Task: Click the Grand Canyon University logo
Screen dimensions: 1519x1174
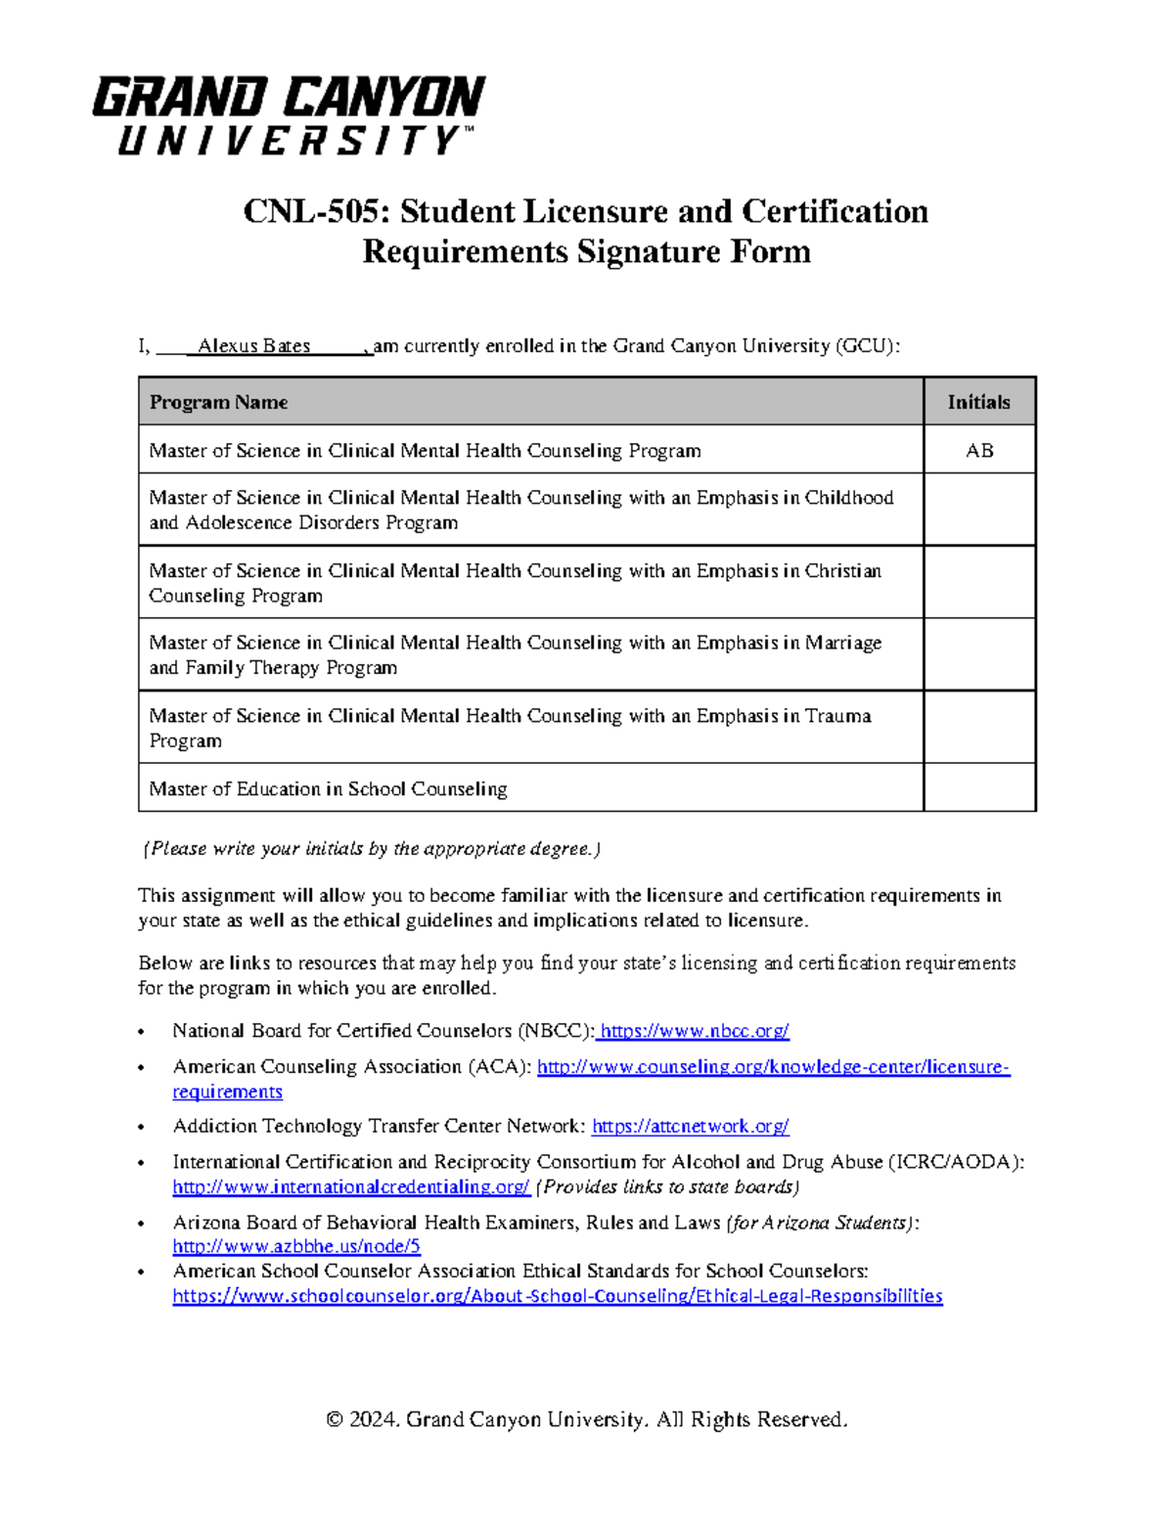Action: pos(289,115)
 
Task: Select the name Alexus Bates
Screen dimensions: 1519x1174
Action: pos(253,346)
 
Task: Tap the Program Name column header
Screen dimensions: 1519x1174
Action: pos(218,402)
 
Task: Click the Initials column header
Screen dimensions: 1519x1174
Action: pos(978,402)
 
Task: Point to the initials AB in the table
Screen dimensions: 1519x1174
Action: pos(979,451)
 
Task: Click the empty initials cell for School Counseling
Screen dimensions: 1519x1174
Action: pos(979,788)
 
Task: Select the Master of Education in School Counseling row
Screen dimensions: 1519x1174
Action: pos(328,789)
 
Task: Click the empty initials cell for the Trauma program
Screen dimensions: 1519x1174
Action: pos(979,728)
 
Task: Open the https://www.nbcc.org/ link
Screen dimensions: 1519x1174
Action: pos(694,1031)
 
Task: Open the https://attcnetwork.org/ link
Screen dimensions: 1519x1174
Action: pos(691,1127)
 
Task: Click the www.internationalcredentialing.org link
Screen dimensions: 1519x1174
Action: pos(351,1187)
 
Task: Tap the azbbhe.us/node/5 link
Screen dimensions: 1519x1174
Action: pos(296,1247)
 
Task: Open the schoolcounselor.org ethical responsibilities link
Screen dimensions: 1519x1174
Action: pos(558,1296)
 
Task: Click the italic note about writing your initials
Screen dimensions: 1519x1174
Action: pos(372,849)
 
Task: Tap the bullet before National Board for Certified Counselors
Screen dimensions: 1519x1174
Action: pos(143,1032)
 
